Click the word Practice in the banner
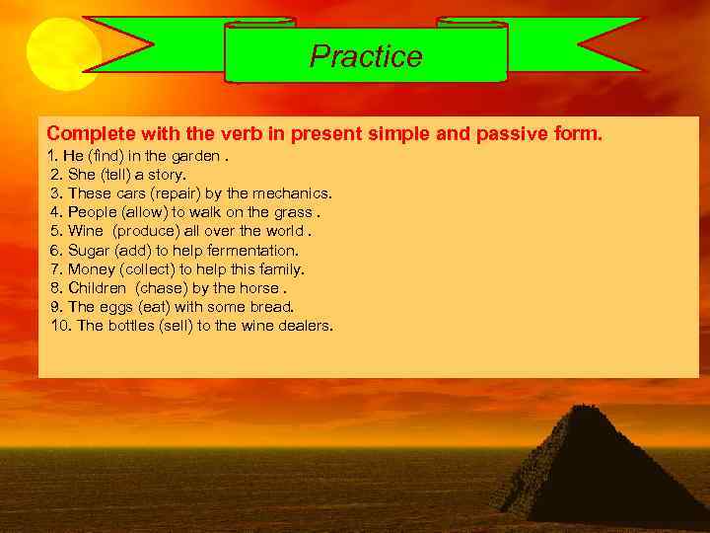(366, 56)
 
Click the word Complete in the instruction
(87, 133)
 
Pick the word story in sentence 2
(167, 175)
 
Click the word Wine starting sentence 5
(87, 231)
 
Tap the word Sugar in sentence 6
(90, 251)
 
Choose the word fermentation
(252, 251)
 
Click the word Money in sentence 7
(92, 269)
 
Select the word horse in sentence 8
(260, 288)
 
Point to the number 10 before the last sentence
(60, 326)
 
